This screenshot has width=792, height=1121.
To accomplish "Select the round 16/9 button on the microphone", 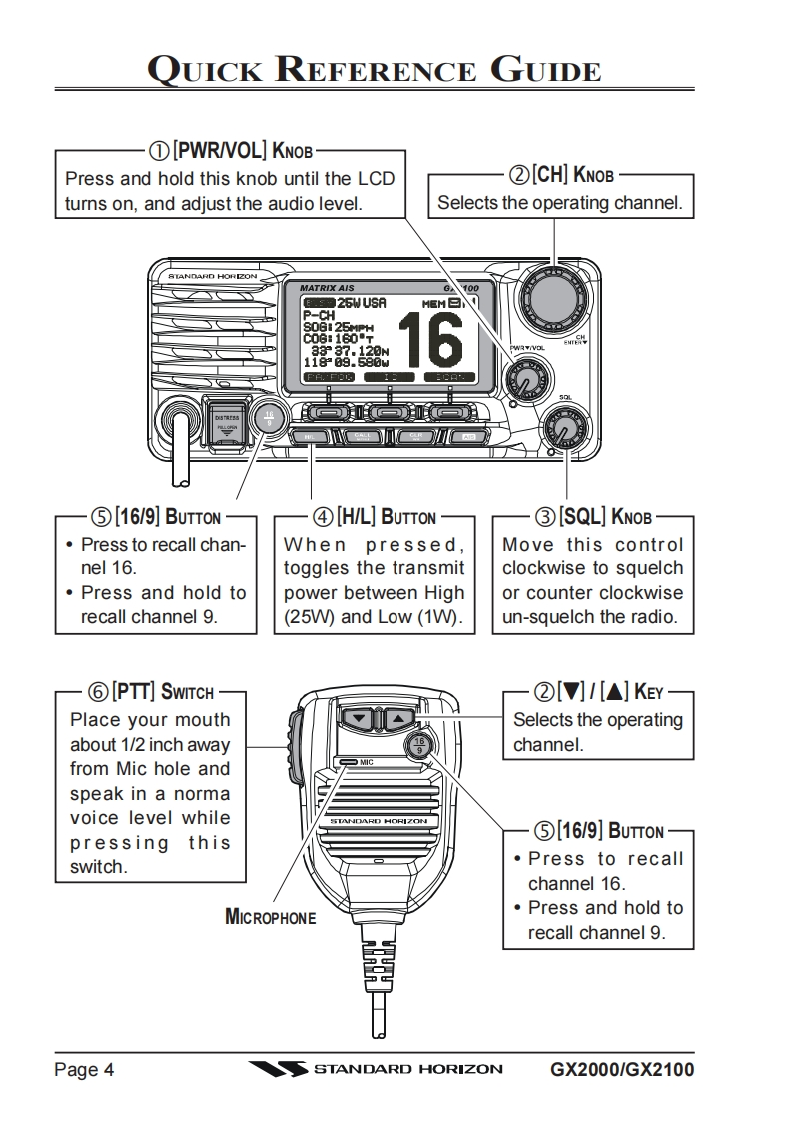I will coord(419,745).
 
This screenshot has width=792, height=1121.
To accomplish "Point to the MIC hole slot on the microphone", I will coord(348,761).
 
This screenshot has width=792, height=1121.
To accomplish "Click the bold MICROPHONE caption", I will coord(270,916).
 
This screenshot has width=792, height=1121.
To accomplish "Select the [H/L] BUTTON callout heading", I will coord(375,517).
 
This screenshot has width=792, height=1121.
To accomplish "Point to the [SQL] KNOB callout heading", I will coord(593,517).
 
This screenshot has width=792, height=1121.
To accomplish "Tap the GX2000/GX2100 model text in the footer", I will coord(622,1070).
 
